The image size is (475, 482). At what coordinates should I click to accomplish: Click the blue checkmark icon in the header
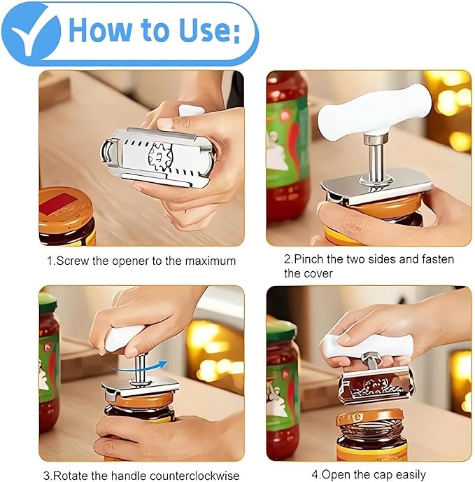pyautogui.click(x=31, y=33)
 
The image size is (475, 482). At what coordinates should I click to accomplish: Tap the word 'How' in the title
pyautogui.click(x=105, y=31)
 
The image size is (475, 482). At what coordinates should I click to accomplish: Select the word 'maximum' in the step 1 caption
pyautogui.click(x=208, y=261)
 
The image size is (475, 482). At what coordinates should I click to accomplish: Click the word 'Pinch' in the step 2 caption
pyautogui.click(x=309, y=259)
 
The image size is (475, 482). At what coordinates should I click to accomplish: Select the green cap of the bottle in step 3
pyautogui.click(x=48, y=302)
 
